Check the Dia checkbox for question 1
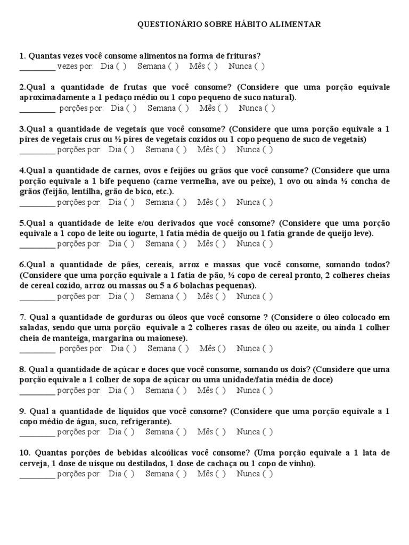(121, 67)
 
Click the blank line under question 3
(37, 151)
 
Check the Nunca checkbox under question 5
(267, 244)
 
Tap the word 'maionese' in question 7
(168, 338)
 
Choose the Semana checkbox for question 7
(184, 349)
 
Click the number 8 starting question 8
(21, 369)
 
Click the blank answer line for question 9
(37, 433)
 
